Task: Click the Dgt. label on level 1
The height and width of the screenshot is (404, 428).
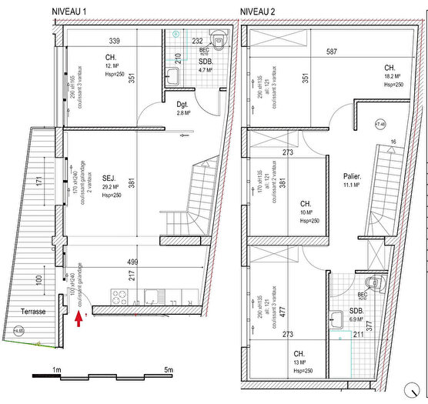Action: (182, 105)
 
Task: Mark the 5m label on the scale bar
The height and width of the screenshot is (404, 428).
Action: (169, 370)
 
